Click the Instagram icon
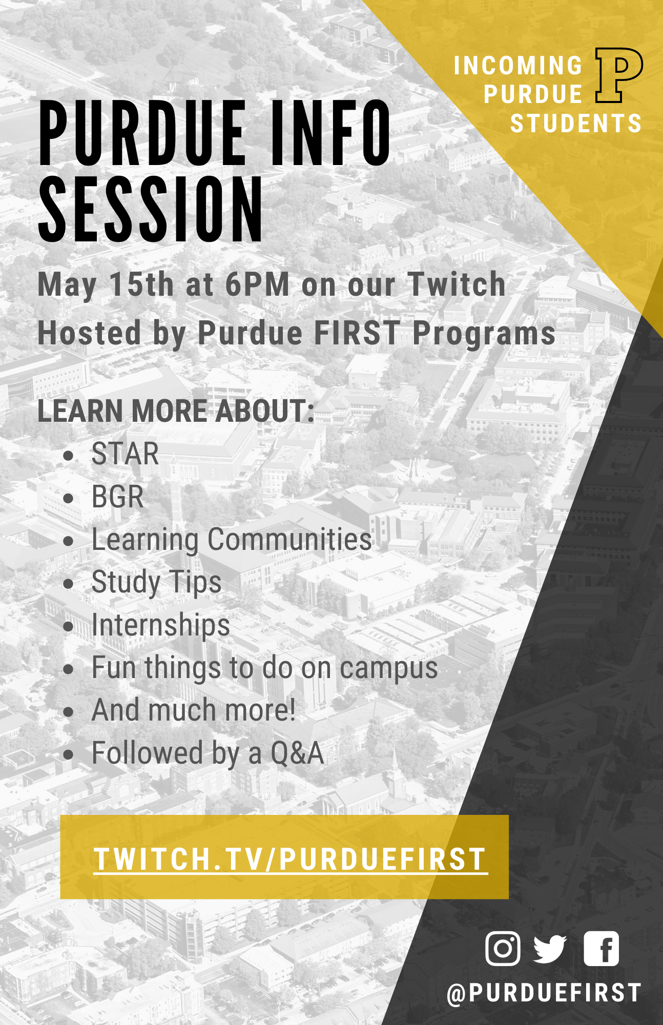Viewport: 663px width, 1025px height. coord(503,948)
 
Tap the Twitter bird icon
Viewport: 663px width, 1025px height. coord(550,949)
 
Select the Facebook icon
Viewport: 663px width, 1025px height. coord(601,948)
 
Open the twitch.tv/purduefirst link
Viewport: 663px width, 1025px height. coord(291,859)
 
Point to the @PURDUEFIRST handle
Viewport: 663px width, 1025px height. coord(544,993)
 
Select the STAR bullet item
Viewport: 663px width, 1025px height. coord(125,454)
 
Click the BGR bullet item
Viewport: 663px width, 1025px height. coord(117,497)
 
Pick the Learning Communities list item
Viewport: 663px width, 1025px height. coord(232,540)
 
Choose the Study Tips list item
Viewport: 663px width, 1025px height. coord(156,583)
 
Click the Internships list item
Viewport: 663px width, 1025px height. coord(160,626)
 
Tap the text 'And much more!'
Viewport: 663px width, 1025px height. coord(194,710)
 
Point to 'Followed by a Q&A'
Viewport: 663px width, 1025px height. coord(208,754)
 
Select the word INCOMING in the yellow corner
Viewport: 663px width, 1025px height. coord(519,66)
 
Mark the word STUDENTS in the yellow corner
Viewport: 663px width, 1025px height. coord(576,124)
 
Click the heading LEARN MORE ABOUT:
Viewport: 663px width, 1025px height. coord(176,411)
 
